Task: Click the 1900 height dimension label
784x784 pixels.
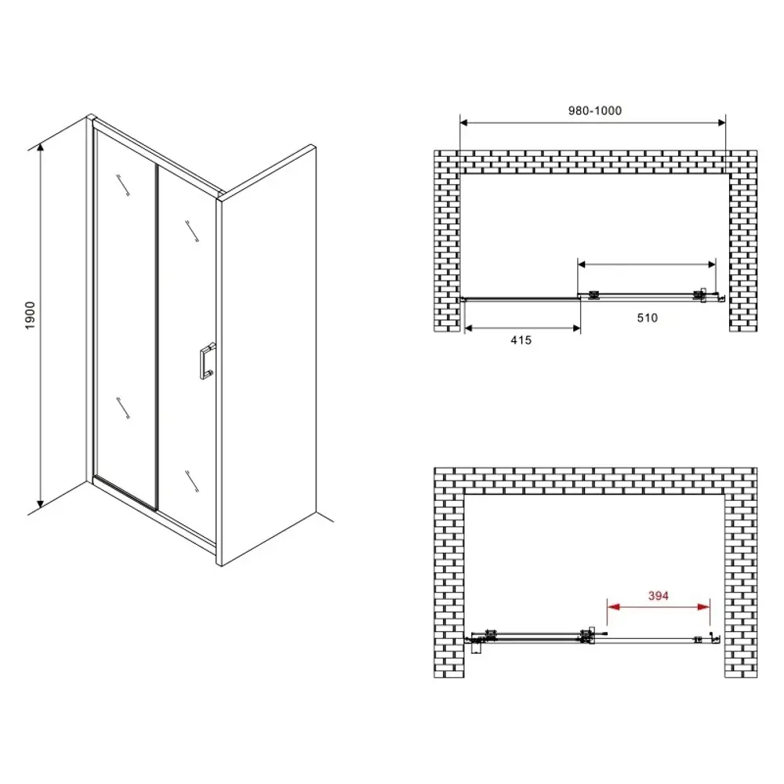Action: point(31,315)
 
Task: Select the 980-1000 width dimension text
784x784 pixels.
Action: point(595,111)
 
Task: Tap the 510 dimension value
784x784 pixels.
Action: point(647,318)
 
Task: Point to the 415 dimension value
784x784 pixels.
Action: point(521,340)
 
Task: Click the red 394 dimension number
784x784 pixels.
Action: point(659,596)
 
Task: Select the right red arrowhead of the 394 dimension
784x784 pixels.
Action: point(703,607)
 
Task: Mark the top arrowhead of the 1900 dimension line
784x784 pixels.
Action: point(41,147)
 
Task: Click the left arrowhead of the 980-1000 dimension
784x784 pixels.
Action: point(464,122)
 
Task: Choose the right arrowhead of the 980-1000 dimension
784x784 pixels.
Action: point(721,122)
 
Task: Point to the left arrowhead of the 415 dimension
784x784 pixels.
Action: point(469,328)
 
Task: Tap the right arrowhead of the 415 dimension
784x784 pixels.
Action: point(576,328)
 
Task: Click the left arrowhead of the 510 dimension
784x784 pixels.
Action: point(582,264)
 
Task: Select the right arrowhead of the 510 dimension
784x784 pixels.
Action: point(712,264)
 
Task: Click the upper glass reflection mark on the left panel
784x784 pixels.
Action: point(123,185)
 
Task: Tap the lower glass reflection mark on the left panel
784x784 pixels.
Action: point(123,408)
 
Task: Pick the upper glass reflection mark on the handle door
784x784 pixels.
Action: point(192,231)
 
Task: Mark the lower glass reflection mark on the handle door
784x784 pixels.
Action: point(192,481)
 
